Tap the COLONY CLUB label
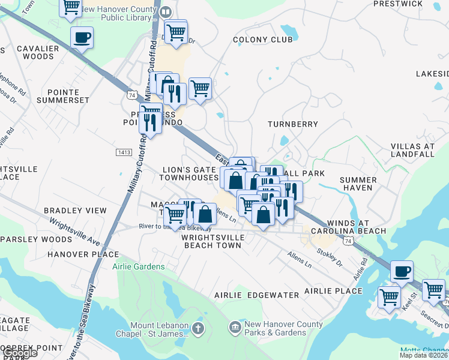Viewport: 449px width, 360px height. click(x=263, y=40)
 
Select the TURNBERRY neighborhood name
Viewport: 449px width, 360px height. click(x=292, y=124)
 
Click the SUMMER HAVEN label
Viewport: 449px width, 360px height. click(x=358, y=184)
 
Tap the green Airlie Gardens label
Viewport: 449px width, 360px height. click(x=138, y=266)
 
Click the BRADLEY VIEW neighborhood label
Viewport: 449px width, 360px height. click(x=75, y=211)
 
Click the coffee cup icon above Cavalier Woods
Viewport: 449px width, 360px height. click(x=82, y=37)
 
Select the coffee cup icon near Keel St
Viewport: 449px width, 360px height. click(x=402, y=271)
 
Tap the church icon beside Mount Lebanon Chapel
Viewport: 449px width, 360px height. click(x=198, y=329)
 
